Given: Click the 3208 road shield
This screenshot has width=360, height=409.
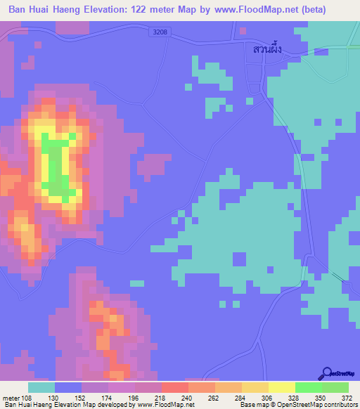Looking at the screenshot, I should click(161, 32).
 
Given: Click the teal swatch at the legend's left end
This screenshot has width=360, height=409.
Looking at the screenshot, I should click(41, 387).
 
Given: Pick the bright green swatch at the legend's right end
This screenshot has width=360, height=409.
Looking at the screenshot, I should click(335, 387).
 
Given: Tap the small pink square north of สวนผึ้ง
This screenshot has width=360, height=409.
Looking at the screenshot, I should click(241, 31).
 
